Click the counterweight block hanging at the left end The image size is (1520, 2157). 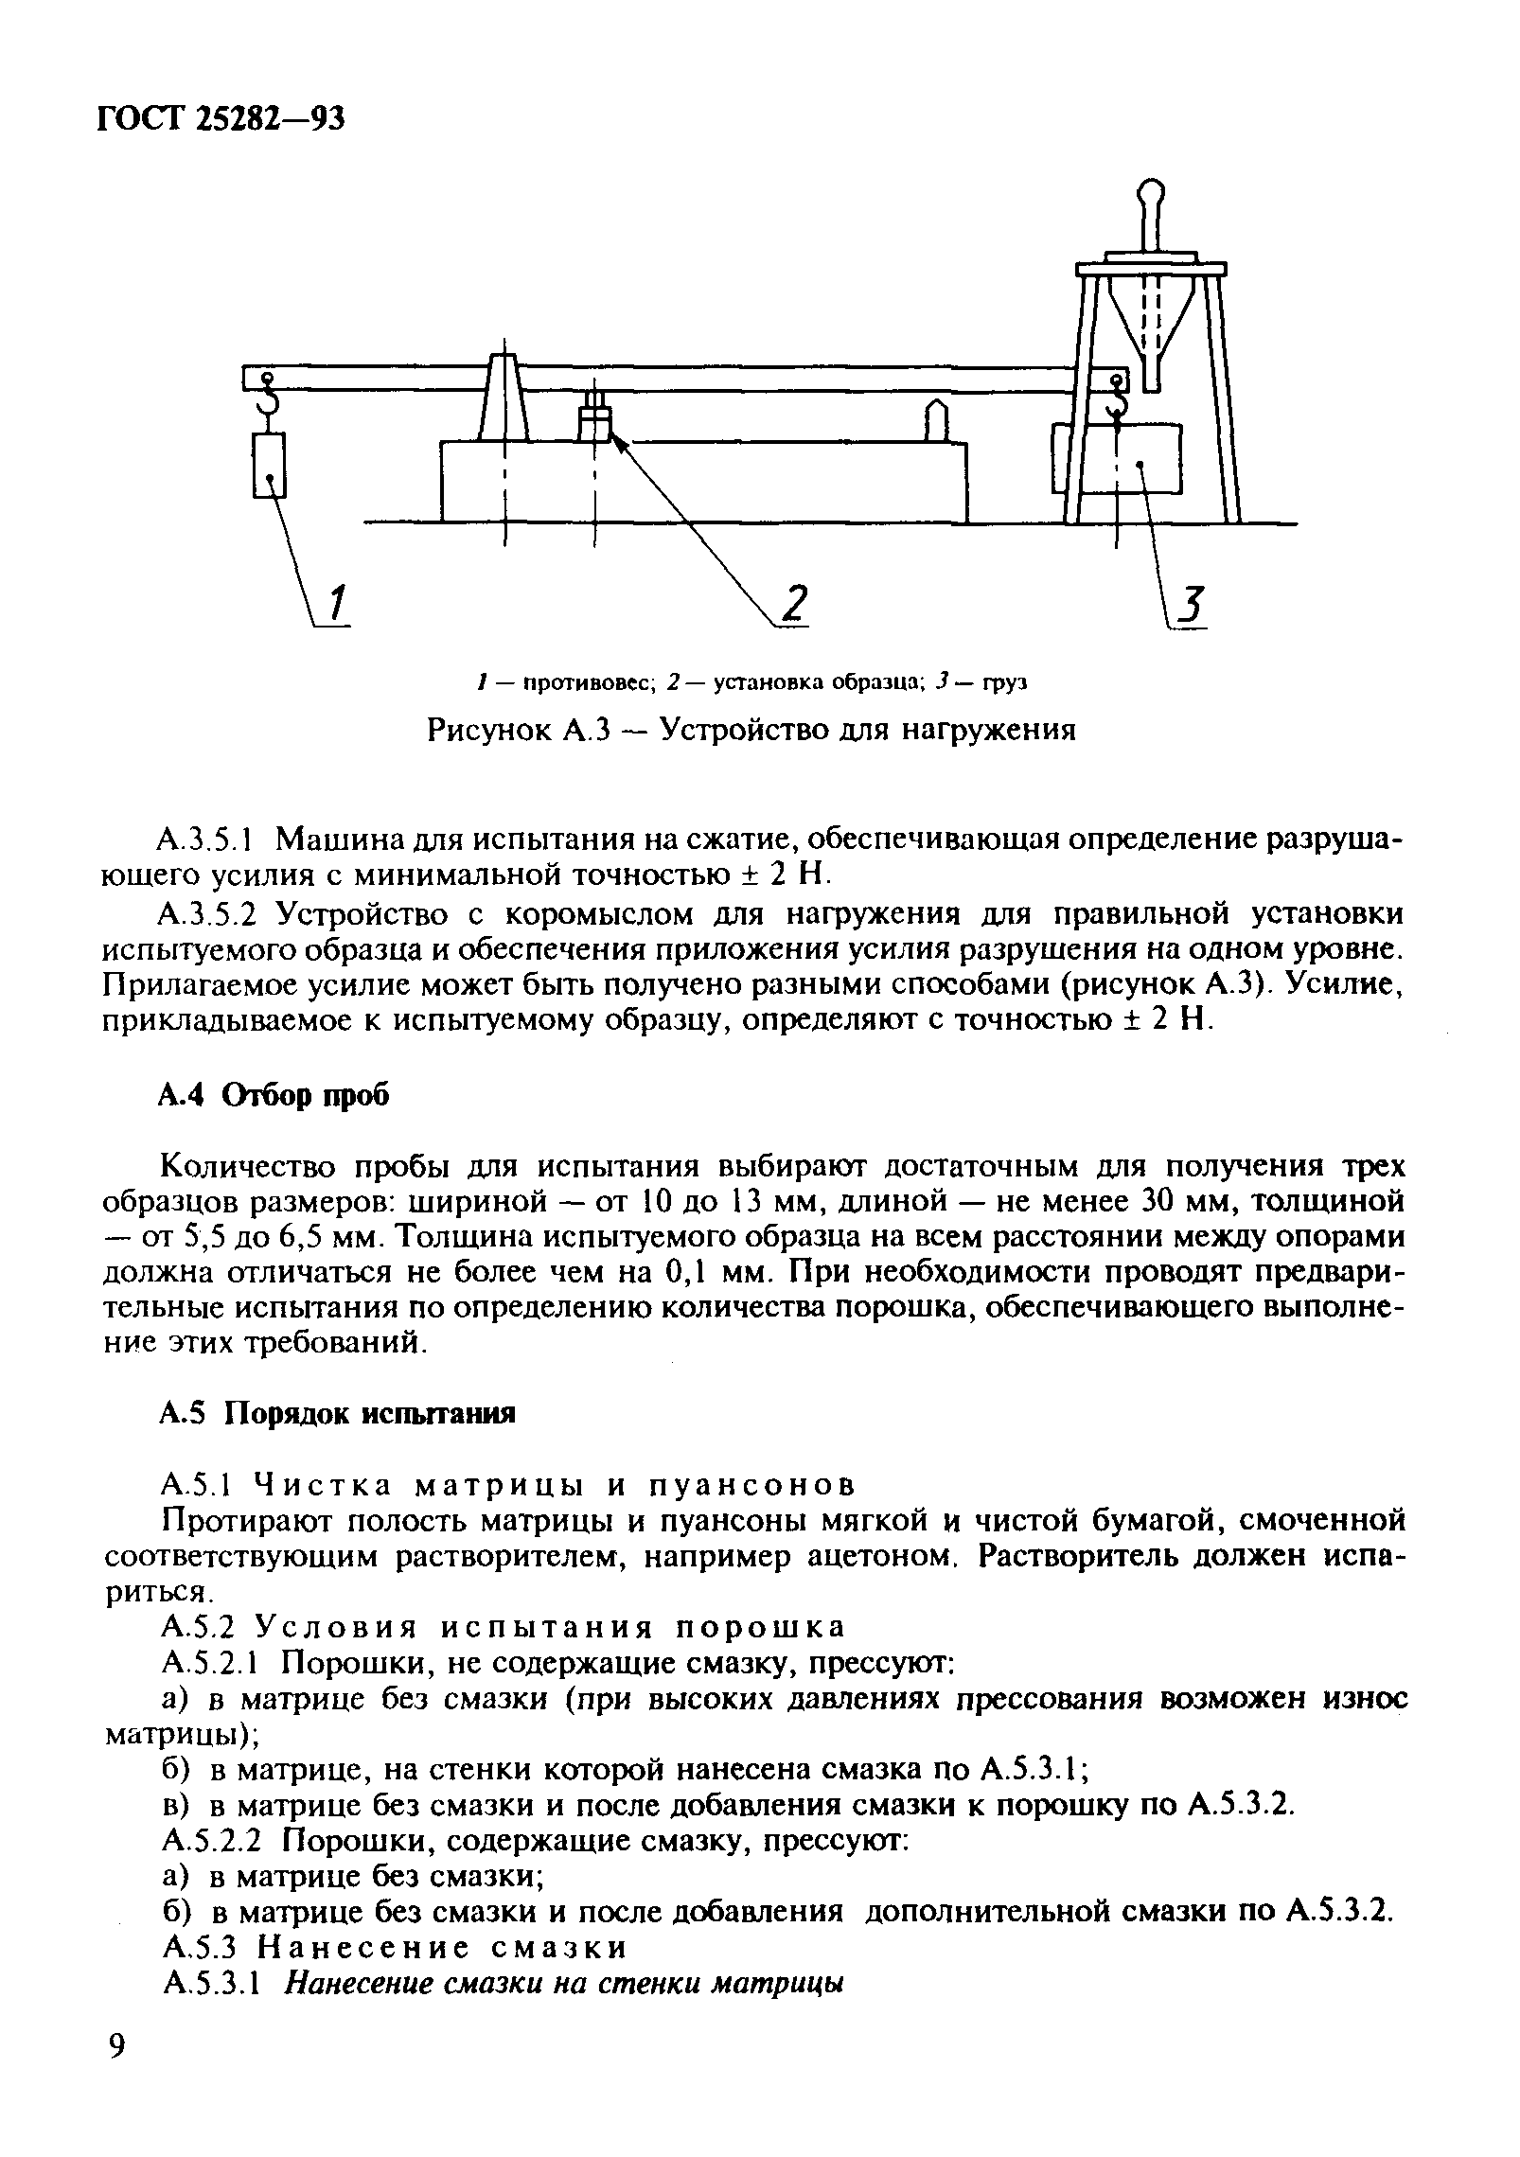pyautogui.click(x=270, y=464)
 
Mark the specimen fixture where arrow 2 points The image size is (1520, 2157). pyautogui.click(x=594, y=423)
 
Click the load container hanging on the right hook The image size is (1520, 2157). pyautogui.click(x=1131, y=459)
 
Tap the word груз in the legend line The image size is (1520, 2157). pyautogui.click(x=1005, y=682)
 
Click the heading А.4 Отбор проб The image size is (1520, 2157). pyautogui.click(x=273, y=1095)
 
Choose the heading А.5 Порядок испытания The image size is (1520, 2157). pyautogui.click(x=336, y=1414)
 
